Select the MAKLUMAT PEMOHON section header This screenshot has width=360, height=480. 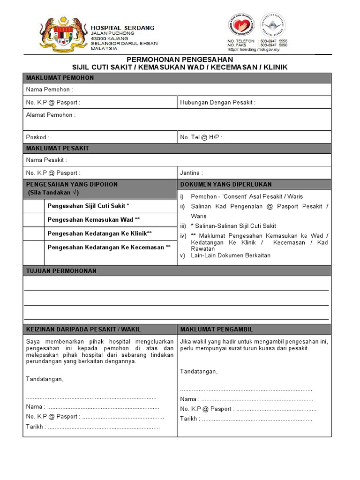pyautogui.click(x=60, y=78)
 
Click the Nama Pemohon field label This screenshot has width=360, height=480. pyautogui.click(x=49, y=90)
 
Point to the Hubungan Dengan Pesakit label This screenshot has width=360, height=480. pyautogui.click(x=218, y=102)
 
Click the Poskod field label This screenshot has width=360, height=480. pyautogui.click(x=38, y=137)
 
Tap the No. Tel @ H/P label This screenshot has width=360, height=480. pyautogui.click(x=201, y=137)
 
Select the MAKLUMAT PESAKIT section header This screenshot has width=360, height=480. pyautogui.click(x=58, y=149)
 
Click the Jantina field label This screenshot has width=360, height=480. pyautogui.click(x=191, y=173)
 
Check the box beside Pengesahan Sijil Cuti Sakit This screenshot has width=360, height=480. pyautogui.click(x=34, y=206)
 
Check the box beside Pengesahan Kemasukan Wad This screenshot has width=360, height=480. pyautogui.click(x=34, y=220)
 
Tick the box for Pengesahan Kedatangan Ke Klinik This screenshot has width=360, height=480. pyautogui.click(x=34, y=233)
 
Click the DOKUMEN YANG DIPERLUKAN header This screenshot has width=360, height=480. pyautogui.click(x=225, y=185)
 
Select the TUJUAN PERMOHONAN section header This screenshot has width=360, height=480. pyautogui.click(x=61, y=271)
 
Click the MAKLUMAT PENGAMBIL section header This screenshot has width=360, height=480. pyautogui.click(x=216, y=330)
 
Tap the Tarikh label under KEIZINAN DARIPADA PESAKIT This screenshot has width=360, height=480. pyautogui.click(x=36, y=427)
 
